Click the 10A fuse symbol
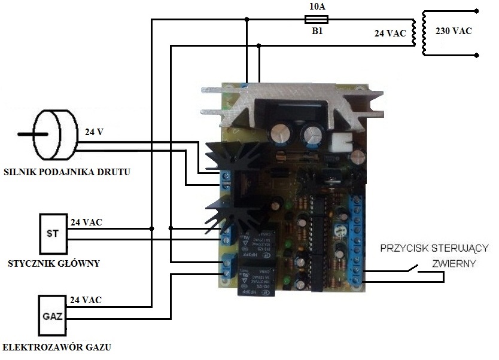(315, 20)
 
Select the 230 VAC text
(453, 31)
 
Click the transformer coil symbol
(425, 33)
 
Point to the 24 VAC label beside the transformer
(390, 34)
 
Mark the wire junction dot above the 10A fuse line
(247, 20)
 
